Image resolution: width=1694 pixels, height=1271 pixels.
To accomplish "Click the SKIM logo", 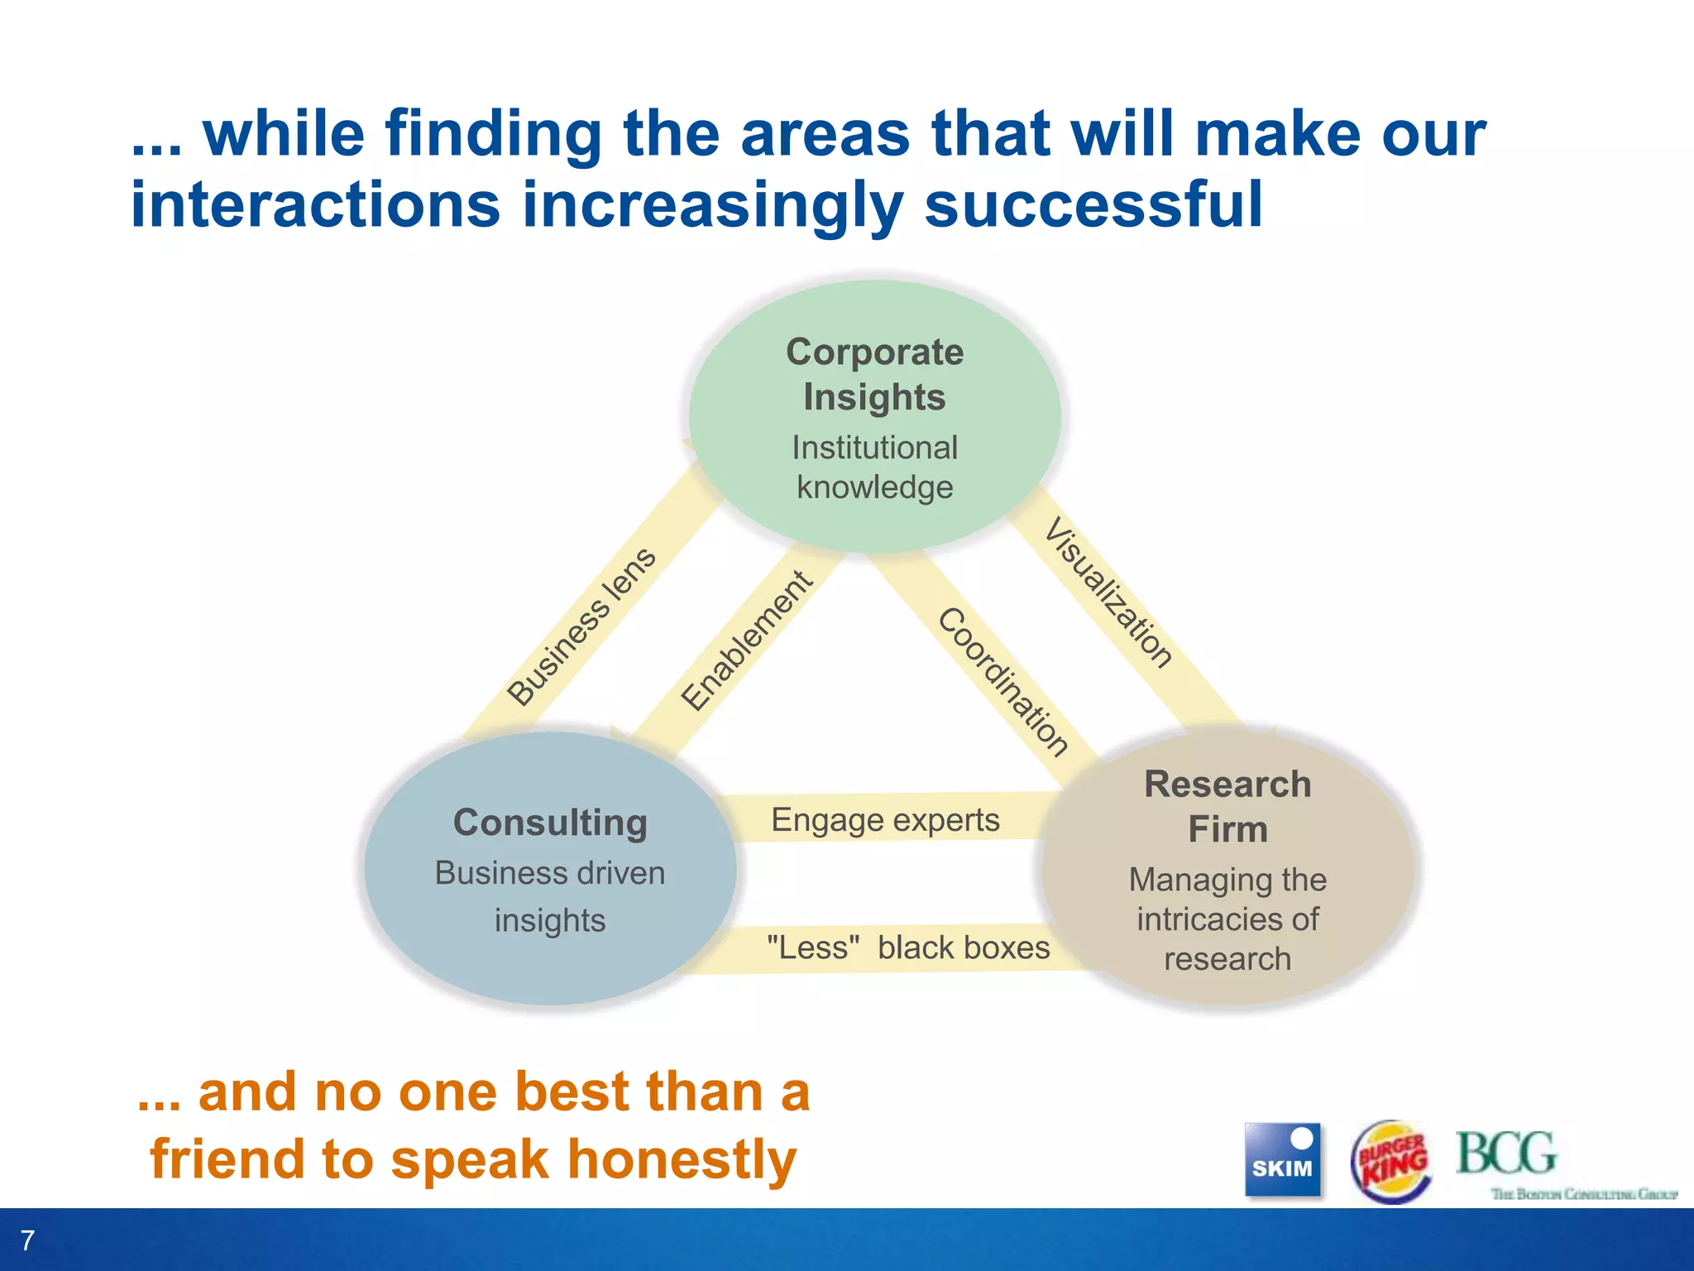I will pos(1282,1160).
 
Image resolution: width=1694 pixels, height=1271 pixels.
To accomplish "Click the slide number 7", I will pos(27,1240).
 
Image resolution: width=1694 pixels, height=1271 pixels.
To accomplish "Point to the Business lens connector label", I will pos(581,627).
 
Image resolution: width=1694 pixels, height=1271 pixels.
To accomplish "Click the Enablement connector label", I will pos(747,640).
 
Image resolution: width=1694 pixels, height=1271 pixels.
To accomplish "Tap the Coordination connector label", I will pos(1003,682).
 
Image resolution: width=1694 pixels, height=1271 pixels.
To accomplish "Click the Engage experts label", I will pos(885,820).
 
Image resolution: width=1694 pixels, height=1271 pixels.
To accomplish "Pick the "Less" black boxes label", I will pos(907,947).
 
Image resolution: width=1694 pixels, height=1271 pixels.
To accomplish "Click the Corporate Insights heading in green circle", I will pos(874,374).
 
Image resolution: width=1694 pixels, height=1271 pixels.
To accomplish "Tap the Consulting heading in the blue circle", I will pos(550,823).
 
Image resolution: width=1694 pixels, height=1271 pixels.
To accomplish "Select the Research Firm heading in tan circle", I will pos(1227,806).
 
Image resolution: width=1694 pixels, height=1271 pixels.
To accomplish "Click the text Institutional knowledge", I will pos(874,468).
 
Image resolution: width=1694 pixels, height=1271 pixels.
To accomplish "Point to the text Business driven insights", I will pos(550,896).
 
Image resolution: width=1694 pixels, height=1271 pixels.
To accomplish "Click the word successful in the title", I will pos(1093,204).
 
